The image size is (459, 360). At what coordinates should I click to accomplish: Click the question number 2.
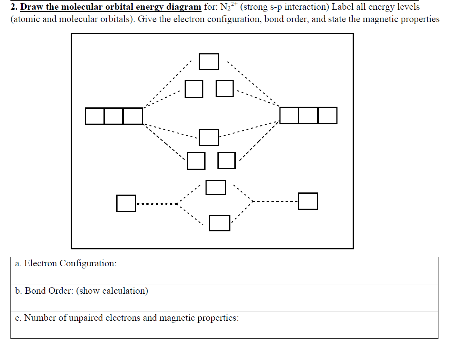tap(14, 7)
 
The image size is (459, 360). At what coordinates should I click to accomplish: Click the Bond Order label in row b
tap(49, 291)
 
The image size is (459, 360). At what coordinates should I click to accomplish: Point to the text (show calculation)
tap(112, 291)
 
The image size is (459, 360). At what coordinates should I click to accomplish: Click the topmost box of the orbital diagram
tap(209, 62)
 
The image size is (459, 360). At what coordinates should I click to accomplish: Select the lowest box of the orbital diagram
tap(220, 223)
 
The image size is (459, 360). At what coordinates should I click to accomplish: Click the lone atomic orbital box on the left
tap(126, 203)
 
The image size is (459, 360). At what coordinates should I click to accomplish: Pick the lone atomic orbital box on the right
tap(308, 201)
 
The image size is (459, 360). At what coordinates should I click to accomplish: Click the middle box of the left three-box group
tap(114, 116)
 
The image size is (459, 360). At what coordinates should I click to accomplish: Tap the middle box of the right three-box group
tap(308, 116)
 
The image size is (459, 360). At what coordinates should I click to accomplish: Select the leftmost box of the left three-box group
tap(94, 116)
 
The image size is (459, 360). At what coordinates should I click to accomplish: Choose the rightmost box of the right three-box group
tap(327, 116)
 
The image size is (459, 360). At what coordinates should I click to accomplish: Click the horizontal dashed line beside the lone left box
tap(157, 204)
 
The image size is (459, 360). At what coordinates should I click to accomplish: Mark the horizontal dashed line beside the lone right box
tap(276, 201)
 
